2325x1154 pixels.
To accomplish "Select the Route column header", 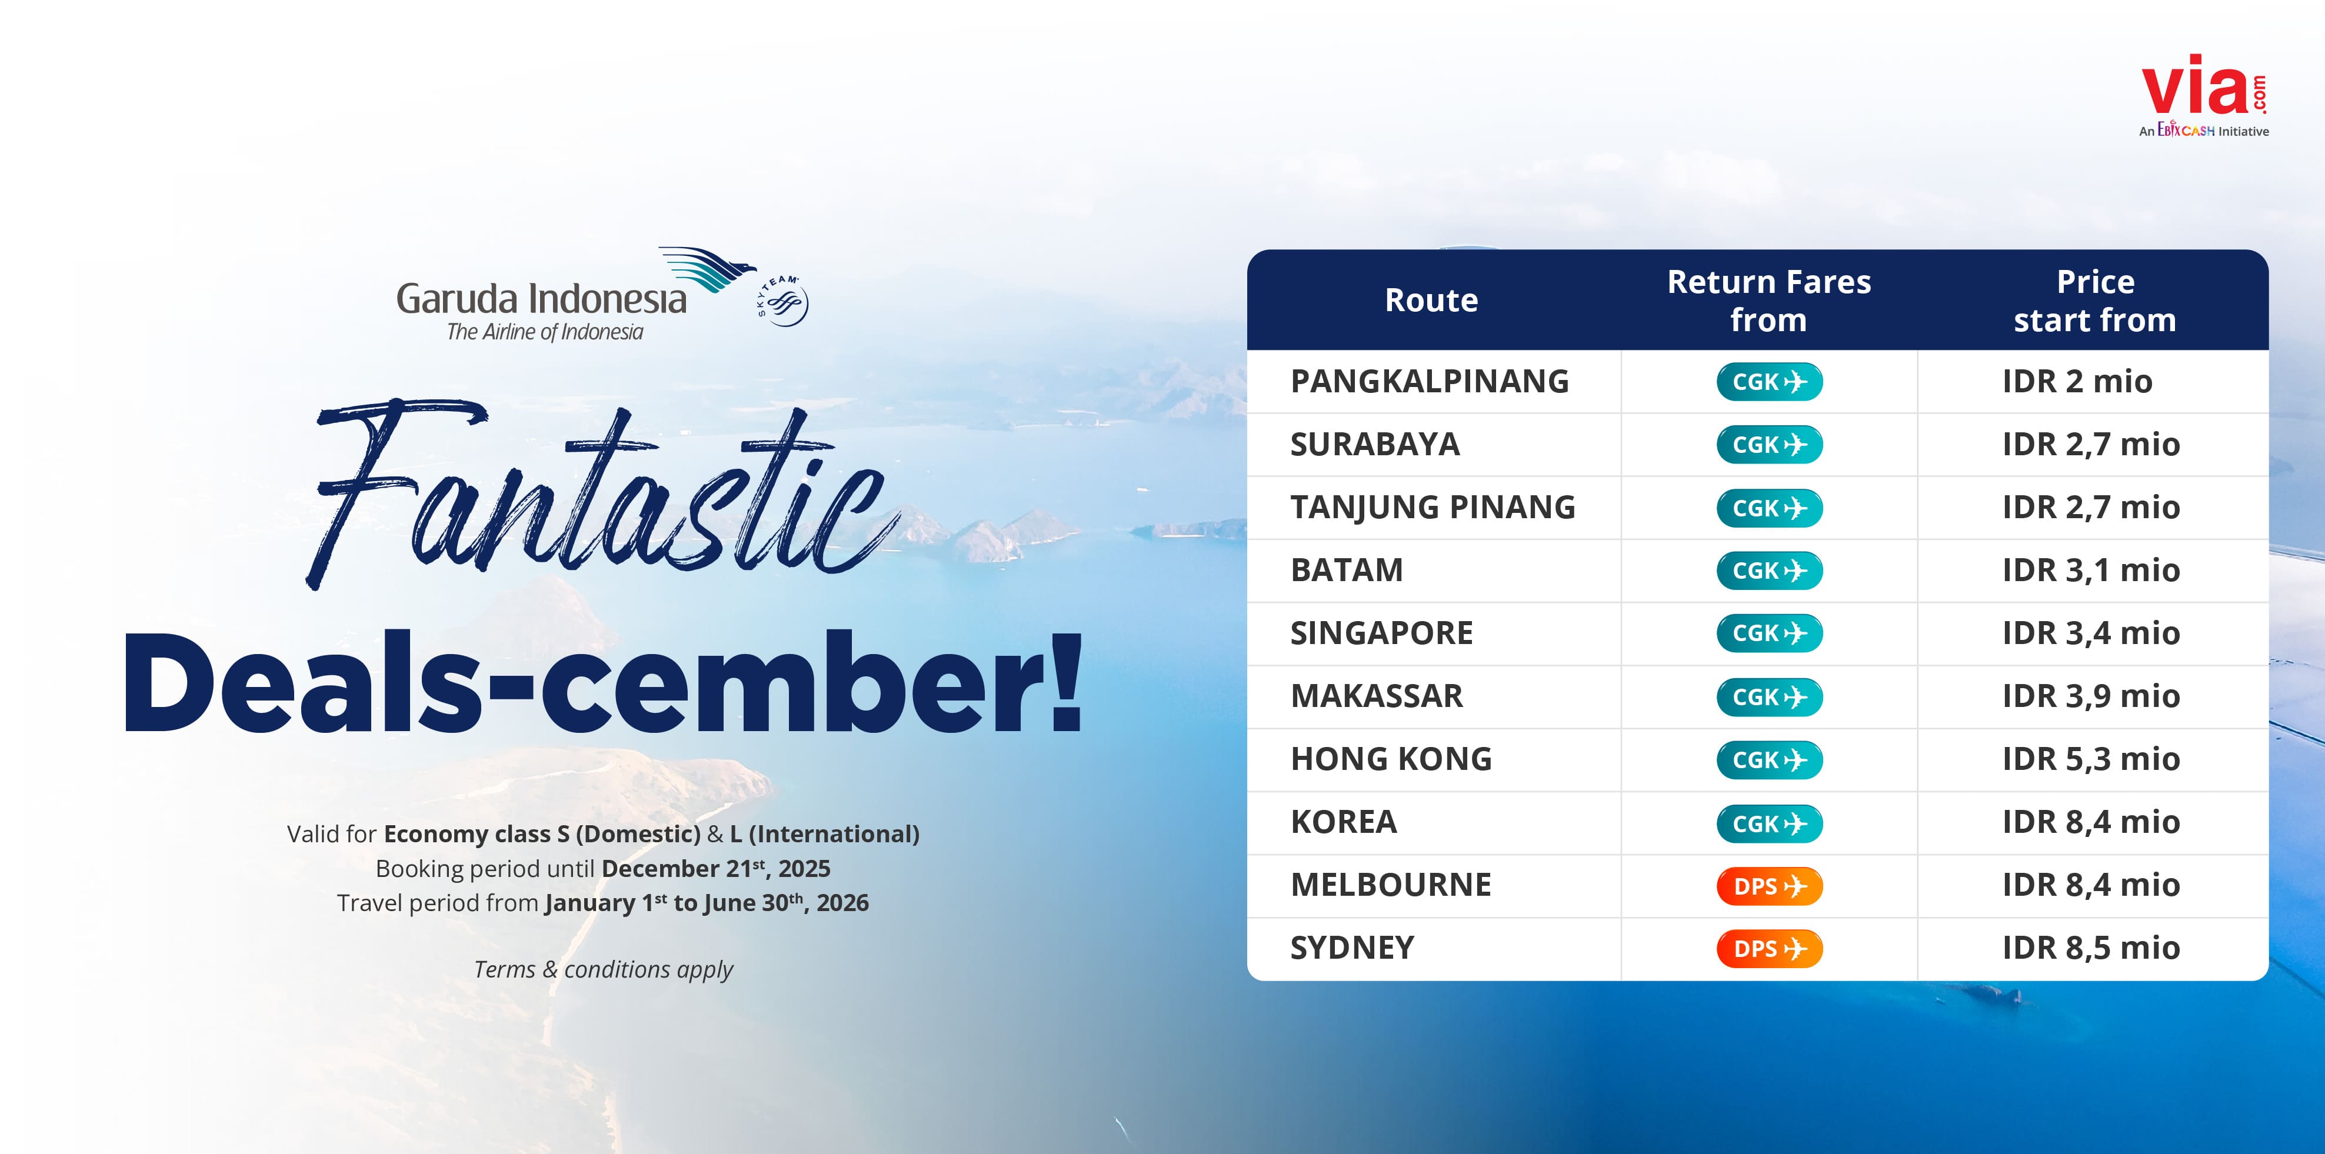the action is pyautogui.click(x=1431, y=301).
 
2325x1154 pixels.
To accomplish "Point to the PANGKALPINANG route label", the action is pyautogui.click(x=1430, y=382).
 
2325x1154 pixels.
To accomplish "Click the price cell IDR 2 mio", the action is pyautogui.click(x=2077, y=382).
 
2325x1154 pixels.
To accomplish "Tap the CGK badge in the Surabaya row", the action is pyautogui.click(x=1769, y=445).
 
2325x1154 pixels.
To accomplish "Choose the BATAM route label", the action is pyautogui.click(x=1347, y=570).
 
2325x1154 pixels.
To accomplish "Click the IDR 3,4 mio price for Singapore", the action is pyautogui.click(x=2090, y=633).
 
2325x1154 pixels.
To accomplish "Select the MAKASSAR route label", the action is pyautogui.click(x=1377, y=696).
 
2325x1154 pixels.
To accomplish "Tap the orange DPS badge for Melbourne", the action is pyautogui.click(x=1769, y=886).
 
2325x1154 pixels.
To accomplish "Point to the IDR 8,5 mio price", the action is pyautogui.click(x=2090, y=948).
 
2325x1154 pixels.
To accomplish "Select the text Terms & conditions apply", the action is pyautogui.click(x=603, y=970).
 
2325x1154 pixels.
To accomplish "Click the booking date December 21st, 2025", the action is pyautogui.click(x=716, y=868).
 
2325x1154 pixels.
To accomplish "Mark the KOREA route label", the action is pyautogui.click(x=1343, y=822).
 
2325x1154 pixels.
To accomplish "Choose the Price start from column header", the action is pyautogui.click(x=2095, y=301).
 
